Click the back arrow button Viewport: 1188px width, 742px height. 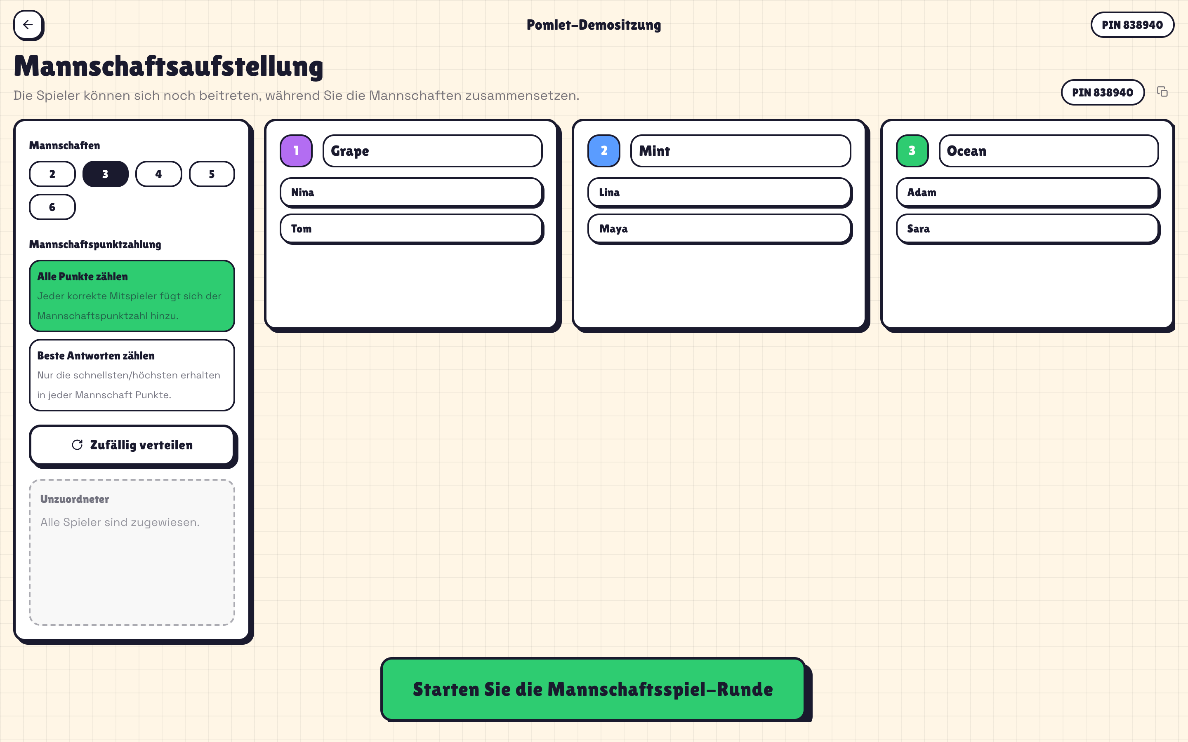tap(28, 25)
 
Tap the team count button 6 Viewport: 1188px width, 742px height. tap(52, 207)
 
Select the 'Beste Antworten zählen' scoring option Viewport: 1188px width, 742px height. tap(132, 375)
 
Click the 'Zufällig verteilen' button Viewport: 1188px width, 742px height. tap(132, 445)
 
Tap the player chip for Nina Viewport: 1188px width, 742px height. tap(411, 193)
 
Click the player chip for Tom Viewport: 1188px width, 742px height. tap(411, 229)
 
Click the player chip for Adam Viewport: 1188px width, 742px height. tap(1028, 193)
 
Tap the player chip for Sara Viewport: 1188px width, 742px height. tap(1028, 229)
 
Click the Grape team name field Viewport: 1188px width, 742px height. tap(432, 150)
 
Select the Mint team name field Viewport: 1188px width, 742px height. tap(740, 150)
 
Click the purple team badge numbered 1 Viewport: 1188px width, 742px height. tap(296, 150)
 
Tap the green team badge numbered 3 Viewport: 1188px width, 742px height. tap(912, 150)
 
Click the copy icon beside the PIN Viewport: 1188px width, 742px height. tap(1162, 92)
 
